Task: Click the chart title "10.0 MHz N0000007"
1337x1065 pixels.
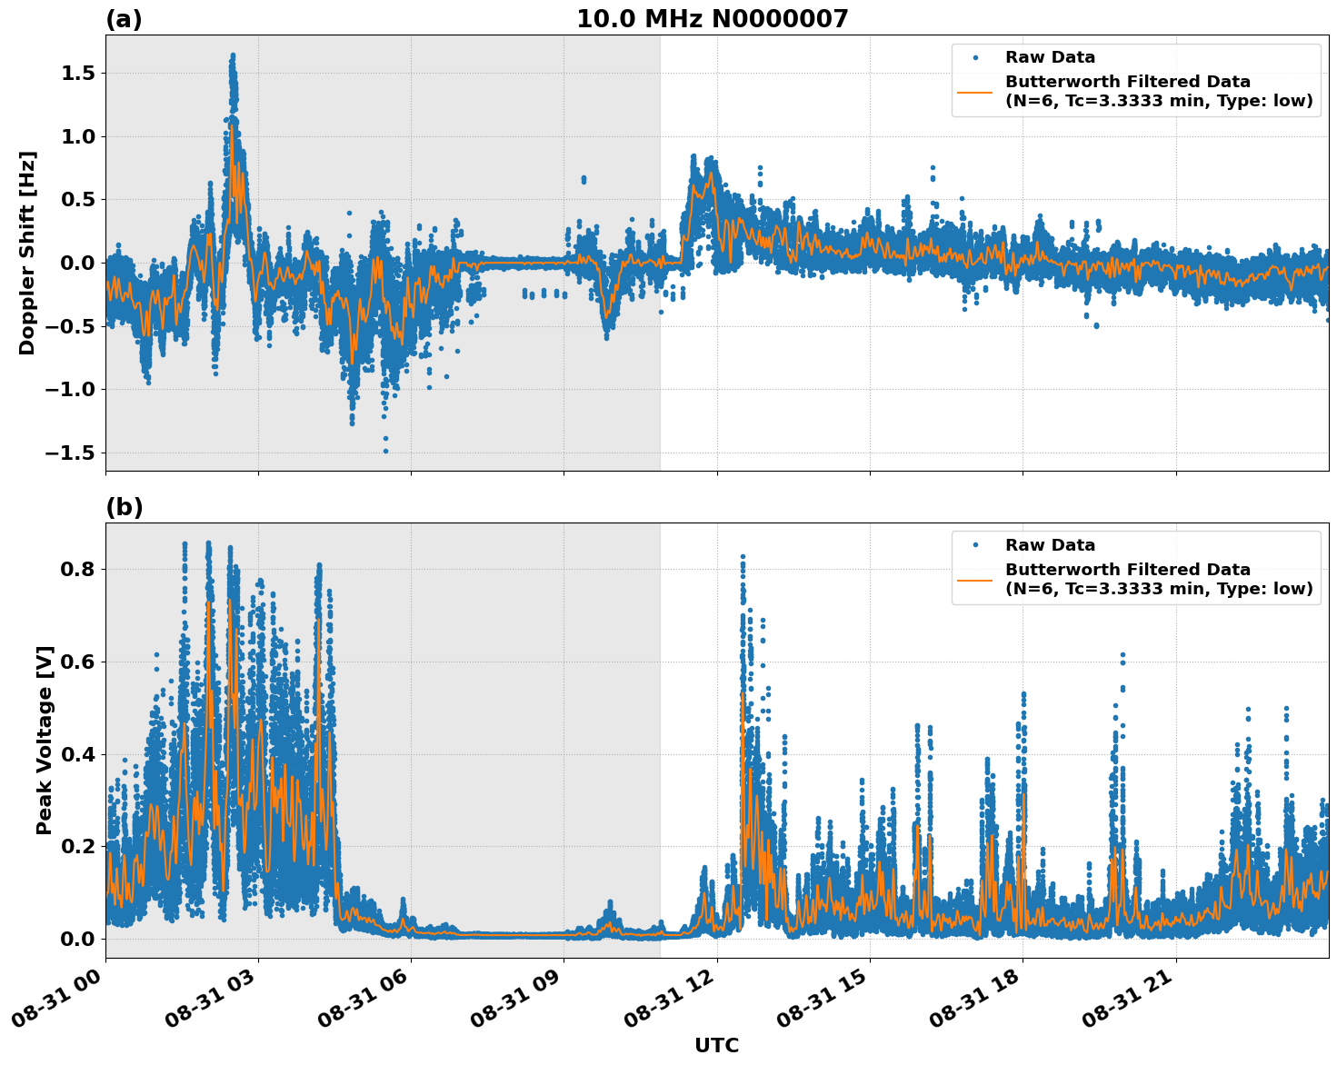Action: pyautogui.click(x=712, y=19)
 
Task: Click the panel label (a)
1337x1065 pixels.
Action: pyautogui.click(x=124, y=19)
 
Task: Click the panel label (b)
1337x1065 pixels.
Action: pyautogui.click(x=124, y=507)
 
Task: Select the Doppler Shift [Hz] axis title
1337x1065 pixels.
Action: pyautogui.click(x=27, y=253)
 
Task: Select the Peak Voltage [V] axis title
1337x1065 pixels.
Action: pyautogui.click(x=45, y=740)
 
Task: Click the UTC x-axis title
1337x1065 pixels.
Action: pyautogui.click(x=716, y=1045)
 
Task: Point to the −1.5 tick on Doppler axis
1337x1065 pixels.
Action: pyautogui.click(x=76, y=453)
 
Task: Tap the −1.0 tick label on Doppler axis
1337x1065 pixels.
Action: pyautogui.click(x=76, y=390)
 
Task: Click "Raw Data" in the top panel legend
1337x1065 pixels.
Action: pyautogui.click(x=1050, y=58)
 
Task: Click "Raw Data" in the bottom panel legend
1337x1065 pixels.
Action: pyautogui.click(x=1050, y=545)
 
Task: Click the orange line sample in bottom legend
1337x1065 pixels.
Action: pyautogui.click(x=975, y=579)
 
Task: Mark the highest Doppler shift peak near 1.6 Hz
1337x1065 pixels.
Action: pyautogui.click(x=233, y=55)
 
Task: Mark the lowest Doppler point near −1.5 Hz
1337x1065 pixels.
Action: pyautogui.click(x=385, y=451)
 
